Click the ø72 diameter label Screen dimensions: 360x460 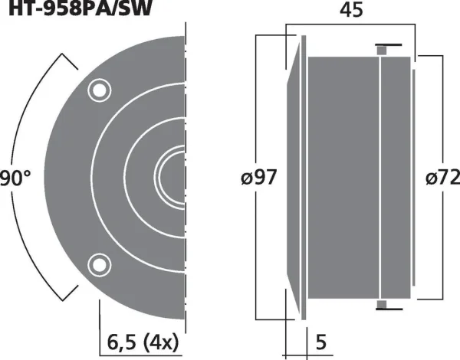[x=442, y=178]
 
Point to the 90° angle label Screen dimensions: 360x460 [x=15, y=178]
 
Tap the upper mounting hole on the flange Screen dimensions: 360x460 [x=98, y=90]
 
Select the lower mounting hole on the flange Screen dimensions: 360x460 [x=98, y=264]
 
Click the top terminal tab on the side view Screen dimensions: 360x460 [x=381, y=48]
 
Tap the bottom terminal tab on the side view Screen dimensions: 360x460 [x=381, y=306]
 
